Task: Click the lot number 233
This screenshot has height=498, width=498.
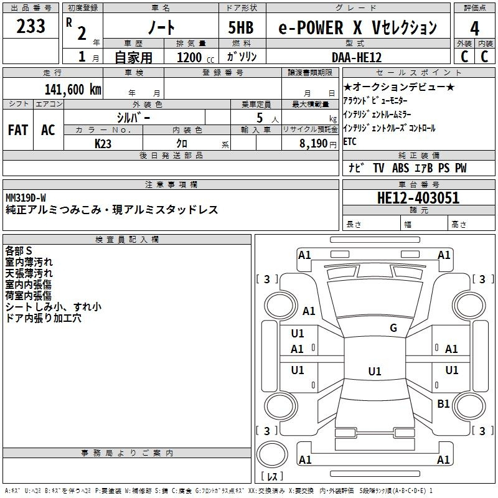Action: [31, 27]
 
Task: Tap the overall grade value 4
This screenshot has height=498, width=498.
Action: [474, 28]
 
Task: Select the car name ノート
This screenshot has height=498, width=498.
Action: [160, 28]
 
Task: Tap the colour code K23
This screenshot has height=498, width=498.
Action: [103, 143]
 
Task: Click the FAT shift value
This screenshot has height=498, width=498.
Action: [17, 130]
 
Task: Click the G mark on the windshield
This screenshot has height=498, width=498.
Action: [393, 328]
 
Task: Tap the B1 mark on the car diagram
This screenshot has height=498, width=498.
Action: [443, 404]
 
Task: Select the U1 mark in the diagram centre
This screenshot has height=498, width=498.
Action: [374, 372]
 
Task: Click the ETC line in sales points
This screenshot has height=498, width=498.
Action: [350, 142]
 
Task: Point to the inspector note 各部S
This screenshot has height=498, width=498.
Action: [19, 250]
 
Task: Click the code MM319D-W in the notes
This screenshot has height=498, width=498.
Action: [26, 197]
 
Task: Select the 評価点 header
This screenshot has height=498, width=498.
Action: [475, 8]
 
